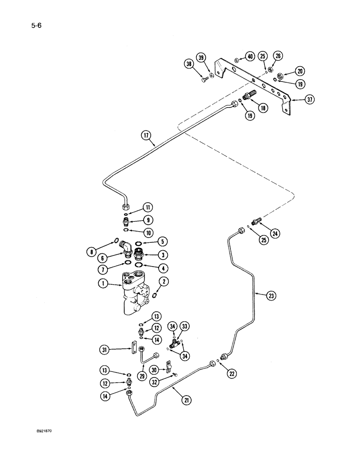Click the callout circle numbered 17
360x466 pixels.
[148, 136]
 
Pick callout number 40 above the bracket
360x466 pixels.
[249, 57]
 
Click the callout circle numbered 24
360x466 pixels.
[277, 233]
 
